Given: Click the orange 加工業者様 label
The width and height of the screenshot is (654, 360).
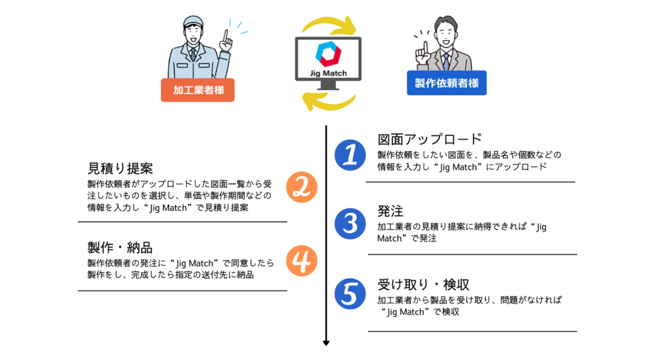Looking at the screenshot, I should [x=197, y=90].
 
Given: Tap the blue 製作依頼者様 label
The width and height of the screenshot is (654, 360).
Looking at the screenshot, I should [x=447, y=83].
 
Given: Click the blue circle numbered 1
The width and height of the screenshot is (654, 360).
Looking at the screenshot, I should [x=350, y=155].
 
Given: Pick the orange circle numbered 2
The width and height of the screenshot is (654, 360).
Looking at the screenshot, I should [x=302, y=187].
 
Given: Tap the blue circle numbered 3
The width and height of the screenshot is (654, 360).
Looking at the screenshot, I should [x=350, y=223].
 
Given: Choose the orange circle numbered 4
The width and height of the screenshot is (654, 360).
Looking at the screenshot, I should [x=302, y=261].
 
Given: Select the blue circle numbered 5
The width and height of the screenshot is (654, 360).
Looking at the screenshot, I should [x=350, y=295].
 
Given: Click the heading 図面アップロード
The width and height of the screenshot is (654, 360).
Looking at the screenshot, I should [x=429, y=139].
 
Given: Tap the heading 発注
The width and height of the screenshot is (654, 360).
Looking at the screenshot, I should [x=391, y=211].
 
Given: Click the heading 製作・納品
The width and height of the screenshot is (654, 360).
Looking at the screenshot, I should [x=120, y=248].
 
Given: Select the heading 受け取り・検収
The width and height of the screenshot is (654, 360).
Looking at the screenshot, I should [x=423, y=284].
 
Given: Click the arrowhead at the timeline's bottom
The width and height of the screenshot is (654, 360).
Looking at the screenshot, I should [x=326, y=343].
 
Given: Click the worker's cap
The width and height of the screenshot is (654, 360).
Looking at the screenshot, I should [x=193, y=22].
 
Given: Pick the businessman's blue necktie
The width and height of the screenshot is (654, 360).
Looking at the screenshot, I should [x=446, y=61].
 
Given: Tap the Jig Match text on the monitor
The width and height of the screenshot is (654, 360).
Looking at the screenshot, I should [x=328, y=74].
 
